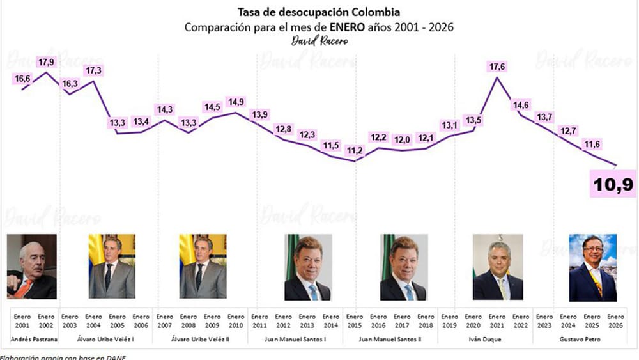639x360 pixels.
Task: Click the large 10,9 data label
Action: point(612,185)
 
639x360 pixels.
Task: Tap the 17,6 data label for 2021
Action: point(497,67)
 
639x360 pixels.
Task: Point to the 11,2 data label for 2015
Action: point(354,151)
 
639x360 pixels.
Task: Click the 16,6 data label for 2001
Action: point(22,78)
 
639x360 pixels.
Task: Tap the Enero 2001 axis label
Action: point(22,320)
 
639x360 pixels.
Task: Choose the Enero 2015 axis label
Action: point(354,320)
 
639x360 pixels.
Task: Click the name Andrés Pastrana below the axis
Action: point(29,338)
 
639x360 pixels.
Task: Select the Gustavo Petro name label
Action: point(592,338)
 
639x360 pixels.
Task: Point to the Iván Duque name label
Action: point(497,338)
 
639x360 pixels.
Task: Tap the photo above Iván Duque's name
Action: point(498,267)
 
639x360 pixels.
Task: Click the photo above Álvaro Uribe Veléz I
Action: point(112,267)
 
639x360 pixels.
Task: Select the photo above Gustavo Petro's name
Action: point(593,268)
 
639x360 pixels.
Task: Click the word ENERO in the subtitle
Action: point(349,27)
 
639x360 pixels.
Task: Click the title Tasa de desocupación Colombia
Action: point(319,12)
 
